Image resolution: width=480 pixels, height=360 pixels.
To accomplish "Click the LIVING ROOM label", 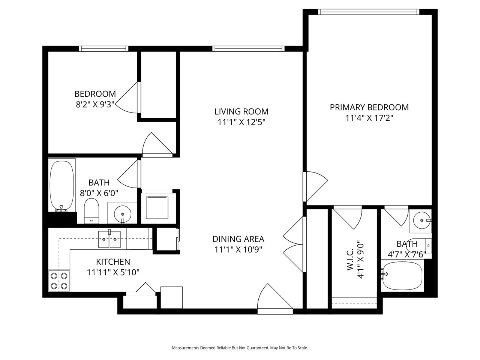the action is tap(241, 111).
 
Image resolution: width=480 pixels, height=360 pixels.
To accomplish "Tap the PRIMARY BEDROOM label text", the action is tap(369, 107).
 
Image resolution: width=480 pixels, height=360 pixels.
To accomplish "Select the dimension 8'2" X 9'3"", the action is tap(95, 105).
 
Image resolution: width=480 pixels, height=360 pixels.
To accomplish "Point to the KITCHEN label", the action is tap(113, 262).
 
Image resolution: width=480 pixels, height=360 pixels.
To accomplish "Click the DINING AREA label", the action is tap(238, 239).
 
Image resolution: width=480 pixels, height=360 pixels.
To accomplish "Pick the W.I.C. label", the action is tap(350, 259).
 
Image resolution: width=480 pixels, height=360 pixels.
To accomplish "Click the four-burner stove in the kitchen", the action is tap(59, 281).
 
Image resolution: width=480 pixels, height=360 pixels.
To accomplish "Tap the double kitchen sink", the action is tap(109, 239).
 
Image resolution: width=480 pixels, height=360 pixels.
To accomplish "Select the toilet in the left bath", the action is tap(91, 211).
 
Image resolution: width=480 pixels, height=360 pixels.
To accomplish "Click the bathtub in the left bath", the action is tap(62, 186).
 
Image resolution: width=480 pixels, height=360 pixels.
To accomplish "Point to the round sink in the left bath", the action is tap(123, 214).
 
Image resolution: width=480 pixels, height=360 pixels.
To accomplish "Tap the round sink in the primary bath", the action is tap(422, 220).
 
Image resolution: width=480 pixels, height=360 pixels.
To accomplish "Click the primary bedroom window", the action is tap(369, 12).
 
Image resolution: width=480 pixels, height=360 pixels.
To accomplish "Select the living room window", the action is tap(248, 48).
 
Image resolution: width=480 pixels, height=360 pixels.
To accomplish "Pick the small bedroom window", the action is tap(103, 48).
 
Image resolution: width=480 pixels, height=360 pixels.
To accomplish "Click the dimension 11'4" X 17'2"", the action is tap(369, 118).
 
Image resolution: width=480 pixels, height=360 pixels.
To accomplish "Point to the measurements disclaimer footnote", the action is tap(240, 348).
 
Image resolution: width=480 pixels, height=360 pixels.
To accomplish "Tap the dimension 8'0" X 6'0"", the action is tap(99, 193).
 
